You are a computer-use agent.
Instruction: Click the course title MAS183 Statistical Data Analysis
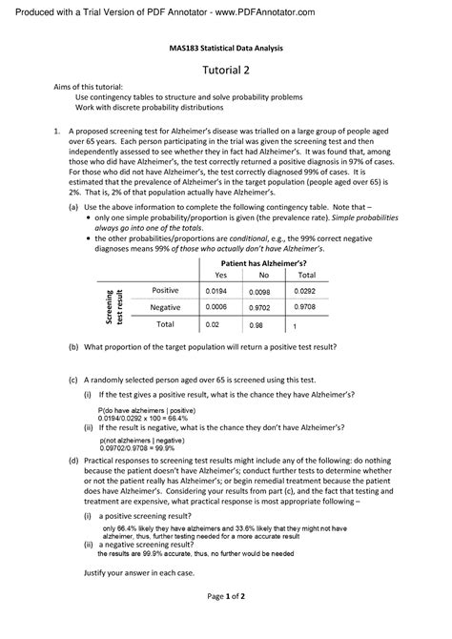pyautogui.click(x=226, y=47)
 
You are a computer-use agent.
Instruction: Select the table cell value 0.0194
pyautogui.click(x=216, y=289)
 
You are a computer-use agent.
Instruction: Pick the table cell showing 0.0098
pyautogui.click(x=259, y=291)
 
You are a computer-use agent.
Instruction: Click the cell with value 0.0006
pyautogui.click(x=216, y=307)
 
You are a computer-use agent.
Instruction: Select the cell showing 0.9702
pyautogui.click(x=260, y=308)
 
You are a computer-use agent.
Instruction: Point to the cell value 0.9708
pyautogui.click(x=305, y=306)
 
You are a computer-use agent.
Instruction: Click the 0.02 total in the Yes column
pyautogui.click(x=212, y=325)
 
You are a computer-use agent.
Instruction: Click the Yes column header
pyautogui.click(x=221, y=273)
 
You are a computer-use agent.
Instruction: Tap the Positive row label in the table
pyautogui.click(x=165, y=289)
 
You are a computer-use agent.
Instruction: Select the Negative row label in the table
pyautogui.click(x=165, y=306)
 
